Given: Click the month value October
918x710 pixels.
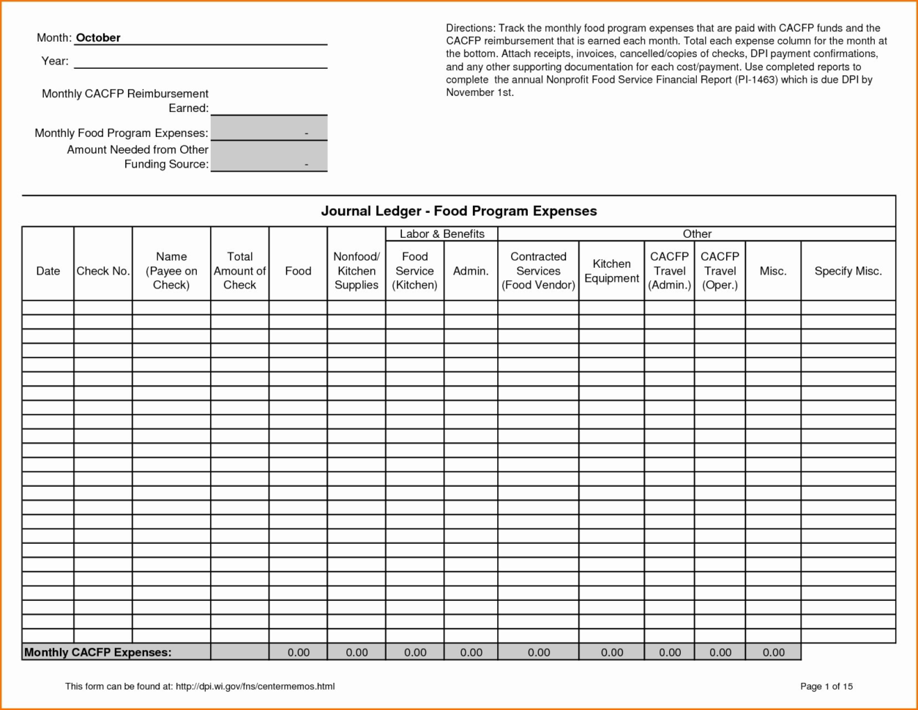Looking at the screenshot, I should (98, 38).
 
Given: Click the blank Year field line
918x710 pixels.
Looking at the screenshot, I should (200, 61).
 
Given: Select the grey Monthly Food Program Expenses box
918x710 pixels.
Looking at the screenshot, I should (269, 129).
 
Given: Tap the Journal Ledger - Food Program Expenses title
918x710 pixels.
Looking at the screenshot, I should (459, 212).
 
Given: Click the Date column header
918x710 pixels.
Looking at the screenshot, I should (48, 271).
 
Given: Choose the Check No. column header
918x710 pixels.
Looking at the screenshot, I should (103, 271).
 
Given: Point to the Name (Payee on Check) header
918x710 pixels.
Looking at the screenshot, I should (171, 271).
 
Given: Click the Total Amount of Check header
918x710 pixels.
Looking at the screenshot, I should (239, 271).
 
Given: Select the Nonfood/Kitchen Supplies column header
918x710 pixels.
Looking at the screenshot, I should (357, 271).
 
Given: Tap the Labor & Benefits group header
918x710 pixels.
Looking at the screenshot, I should (441, 234).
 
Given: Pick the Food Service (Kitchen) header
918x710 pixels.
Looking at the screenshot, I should (415, 271).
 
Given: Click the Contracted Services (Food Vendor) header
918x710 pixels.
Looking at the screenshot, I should (538, 271).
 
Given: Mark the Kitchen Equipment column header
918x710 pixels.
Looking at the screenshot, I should (611, 271).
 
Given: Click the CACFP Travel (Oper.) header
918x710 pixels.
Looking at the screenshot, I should (720, 271).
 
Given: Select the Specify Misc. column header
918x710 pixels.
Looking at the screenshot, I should (848, 271).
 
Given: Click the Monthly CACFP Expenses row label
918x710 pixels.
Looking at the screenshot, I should (98, 652).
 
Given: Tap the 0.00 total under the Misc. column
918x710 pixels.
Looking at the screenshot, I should (773, 652).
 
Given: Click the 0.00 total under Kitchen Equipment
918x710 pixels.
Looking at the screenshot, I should (611, 652).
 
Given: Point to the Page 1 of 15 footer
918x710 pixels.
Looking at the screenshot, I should (826, 687).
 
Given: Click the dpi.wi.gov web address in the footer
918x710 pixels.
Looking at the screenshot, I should (255, 687).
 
